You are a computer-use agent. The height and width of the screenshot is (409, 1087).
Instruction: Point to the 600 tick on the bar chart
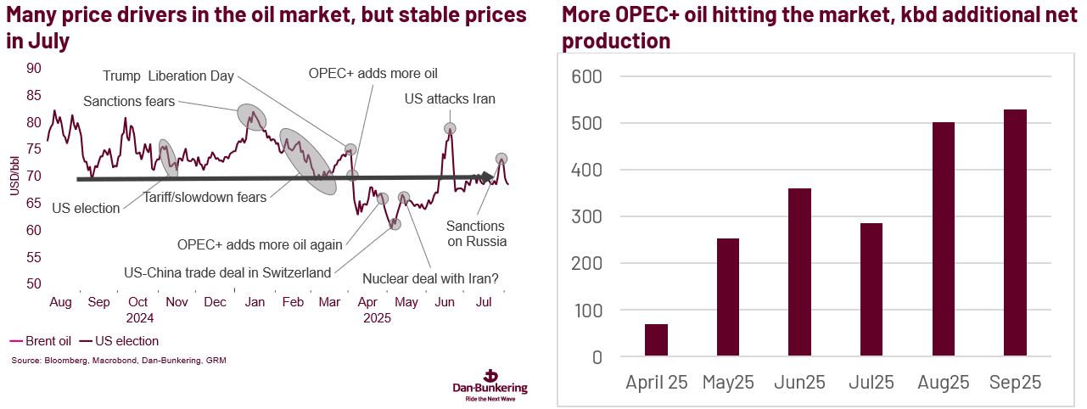(585, 76)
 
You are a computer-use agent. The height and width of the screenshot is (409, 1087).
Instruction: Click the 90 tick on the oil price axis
(34, 69)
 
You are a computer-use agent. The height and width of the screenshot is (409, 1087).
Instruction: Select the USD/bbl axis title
(14, 176)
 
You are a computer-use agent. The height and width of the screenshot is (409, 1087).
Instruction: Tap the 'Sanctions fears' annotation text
(128, 102)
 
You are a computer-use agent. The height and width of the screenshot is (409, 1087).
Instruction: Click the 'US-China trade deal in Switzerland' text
(227, 272)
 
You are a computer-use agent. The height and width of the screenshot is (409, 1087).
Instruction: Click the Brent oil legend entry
(41, 341)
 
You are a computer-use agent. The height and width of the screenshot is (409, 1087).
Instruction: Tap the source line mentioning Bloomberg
(119, 361)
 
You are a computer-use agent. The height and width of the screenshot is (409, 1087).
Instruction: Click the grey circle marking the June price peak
(450, 128)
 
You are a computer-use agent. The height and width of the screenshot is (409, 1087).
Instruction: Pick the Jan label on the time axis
(254, 303)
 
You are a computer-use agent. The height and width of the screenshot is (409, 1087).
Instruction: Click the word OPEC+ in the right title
(655, 15)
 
